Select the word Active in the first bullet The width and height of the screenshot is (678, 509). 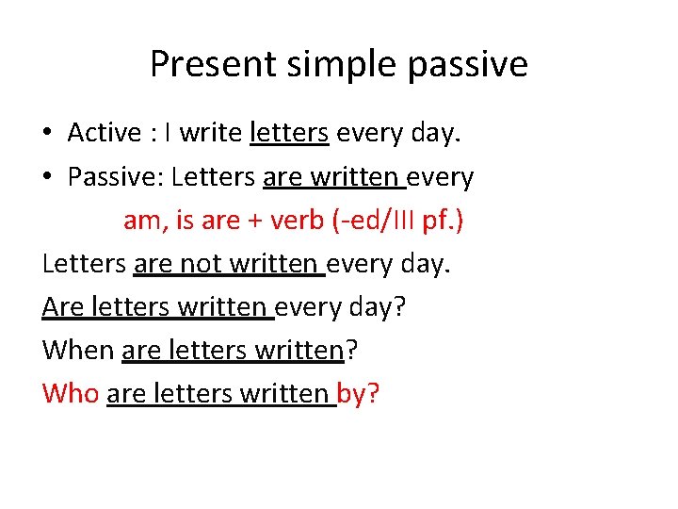[x=104, y=133]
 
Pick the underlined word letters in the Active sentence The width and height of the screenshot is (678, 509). [x=289, y=133]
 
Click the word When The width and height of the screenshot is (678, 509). [x=79, y=350]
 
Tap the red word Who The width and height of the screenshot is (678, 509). [x=71, y=393]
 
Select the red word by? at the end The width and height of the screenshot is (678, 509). [x=359, y=394]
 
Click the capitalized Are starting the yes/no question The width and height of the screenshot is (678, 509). [x=62, y=306]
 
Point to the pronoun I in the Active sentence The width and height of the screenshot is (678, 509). [x=167, y=133]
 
